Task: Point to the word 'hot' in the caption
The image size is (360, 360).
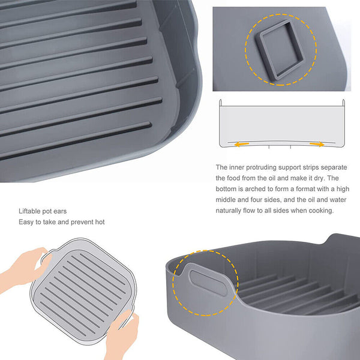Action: (x=98, y=222)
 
